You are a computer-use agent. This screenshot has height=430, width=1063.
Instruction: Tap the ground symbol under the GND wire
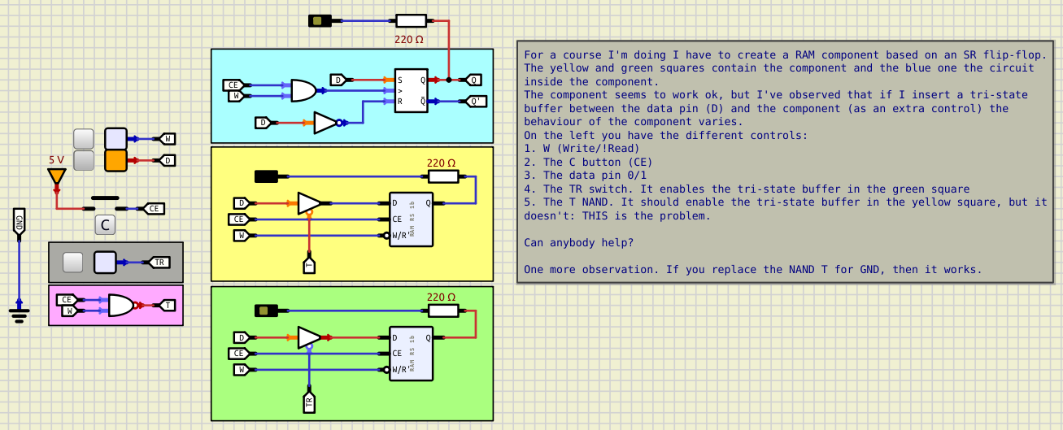pos(20,312)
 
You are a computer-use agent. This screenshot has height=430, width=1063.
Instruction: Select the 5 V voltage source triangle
pos(56,176)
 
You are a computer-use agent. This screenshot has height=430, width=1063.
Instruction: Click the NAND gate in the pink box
pos(121,305)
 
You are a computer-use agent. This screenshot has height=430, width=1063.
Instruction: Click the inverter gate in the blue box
pos(327,123)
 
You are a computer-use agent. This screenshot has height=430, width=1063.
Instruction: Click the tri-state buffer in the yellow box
pos(309,202)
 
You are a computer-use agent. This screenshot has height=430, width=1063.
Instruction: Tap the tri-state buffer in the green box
pos(309,337)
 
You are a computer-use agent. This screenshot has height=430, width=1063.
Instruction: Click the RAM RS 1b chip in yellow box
pos(411,219)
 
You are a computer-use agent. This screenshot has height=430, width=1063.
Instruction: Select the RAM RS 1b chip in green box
pos(411,354)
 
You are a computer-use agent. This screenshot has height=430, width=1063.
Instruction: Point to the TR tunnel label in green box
pos(309,402)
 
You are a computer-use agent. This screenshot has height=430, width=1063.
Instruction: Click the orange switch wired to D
pos(115,160)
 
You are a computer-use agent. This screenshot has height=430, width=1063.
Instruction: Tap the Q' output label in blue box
pos(477,102)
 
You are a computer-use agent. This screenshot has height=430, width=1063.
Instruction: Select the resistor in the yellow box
pos(442,176)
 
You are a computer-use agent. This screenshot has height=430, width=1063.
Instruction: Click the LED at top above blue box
pos(320,20)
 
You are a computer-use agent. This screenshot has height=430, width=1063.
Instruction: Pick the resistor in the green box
pos(442,310)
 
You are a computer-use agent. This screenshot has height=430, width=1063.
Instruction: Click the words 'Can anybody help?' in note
pos(577,242)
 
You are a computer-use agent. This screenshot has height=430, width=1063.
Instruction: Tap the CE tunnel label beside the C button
pos(154,209)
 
